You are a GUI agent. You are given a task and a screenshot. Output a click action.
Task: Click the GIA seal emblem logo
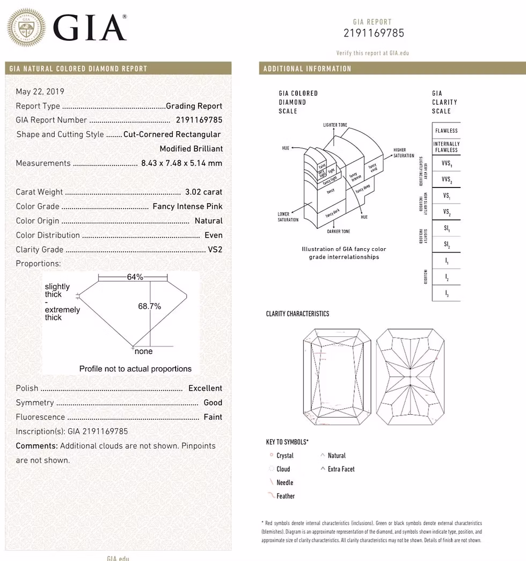pos(26,27)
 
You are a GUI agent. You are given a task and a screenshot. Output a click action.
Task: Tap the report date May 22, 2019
pos(40,92)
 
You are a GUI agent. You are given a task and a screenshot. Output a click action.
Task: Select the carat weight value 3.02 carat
pos(203,192)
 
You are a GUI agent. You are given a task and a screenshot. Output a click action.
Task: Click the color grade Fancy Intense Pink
pos(187,206)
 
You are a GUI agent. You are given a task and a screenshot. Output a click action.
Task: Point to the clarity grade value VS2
pos(215,249)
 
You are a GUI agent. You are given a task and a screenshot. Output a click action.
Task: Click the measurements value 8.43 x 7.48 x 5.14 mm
pos(181,163)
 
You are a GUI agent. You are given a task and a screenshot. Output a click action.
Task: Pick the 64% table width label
pos(135,277)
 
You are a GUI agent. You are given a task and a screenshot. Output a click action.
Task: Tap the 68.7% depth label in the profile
pos(150,306)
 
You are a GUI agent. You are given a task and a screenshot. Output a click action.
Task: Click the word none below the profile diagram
pos(143,351)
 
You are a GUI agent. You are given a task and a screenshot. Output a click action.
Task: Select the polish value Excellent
pos(205,388)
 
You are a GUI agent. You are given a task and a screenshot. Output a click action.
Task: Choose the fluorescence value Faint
pos(213,417)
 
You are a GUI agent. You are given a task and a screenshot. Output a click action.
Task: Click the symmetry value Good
pos(213,402)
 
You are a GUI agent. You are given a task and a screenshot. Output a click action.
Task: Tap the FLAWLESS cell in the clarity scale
pos(446,131)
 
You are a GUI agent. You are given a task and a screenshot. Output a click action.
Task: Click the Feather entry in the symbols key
pos(286,496)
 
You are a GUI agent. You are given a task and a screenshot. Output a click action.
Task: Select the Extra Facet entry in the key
pos(341,469)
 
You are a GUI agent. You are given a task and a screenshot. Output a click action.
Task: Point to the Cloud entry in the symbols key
pos(283,469)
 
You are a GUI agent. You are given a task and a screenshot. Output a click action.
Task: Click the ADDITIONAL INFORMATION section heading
pos(306,69)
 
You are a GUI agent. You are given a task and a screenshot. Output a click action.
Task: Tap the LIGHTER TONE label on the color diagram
pos(335,125)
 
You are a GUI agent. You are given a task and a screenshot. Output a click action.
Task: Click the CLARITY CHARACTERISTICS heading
pos(297,314)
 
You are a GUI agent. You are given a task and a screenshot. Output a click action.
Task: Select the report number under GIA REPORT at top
pos(374,33)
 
